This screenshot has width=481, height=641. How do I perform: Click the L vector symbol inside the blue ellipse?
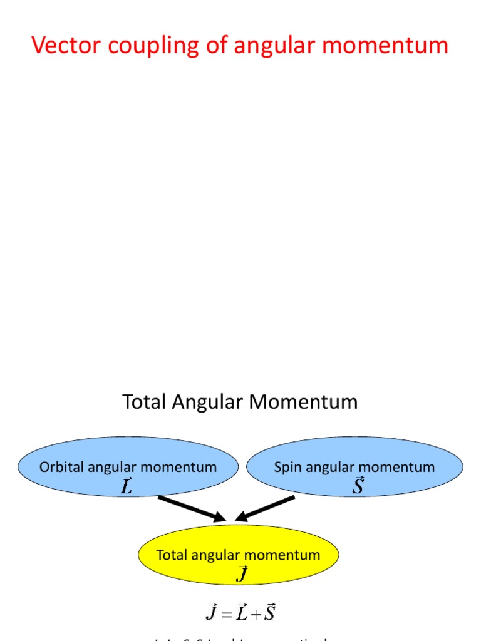pos(127,486)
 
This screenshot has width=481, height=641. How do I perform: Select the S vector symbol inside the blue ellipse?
pos(358,486)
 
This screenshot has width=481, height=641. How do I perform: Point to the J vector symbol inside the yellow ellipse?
pos(242,573)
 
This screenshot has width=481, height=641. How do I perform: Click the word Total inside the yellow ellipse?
pos(172,555)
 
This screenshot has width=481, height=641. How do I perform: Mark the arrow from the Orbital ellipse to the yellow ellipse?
pos(192,508)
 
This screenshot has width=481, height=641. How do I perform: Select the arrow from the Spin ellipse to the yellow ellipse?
pos(266,508)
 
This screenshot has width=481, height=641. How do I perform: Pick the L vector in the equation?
pos(241,612)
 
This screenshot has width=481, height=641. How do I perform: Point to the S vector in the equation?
pos(269,612)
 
